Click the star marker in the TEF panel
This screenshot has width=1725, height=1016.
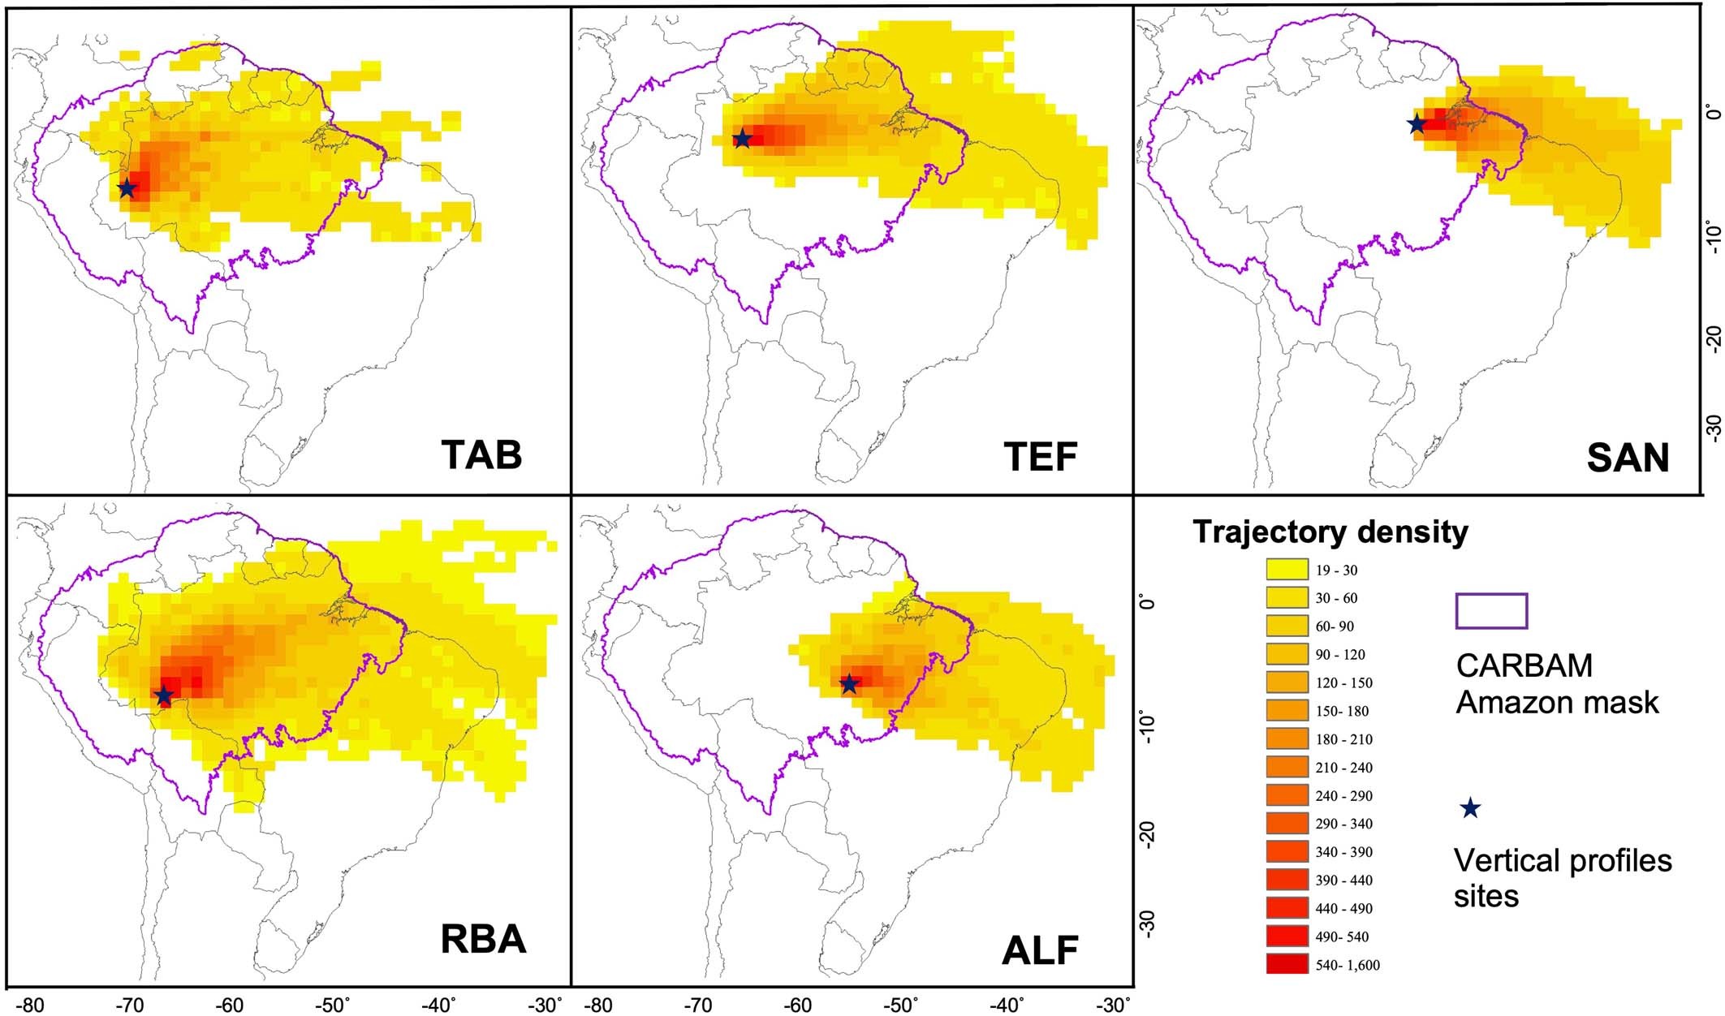pyautogui.click(x=742, y=139)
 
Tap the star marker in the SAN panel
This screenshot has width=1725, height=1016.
pyautogui.click(x=1417, y=124)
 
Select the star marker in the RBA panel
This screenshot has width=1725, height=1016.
pyautogui.click(x=164, y=695)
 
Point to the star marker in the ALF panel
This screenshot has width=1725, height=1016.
pyautogui.click(x=849, y=684)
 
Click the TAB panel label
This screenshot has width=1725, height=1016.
pyautogui.click(x=481, y=455)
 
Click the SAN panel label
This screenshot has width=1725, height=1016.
pyautogui.click(x=1628, y=458)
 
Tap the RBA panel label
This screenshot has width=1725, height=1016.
pyautogui.click(x=483, y=940)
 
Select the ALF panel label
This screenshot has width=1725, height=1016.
pyautogui.click(x=1040, y=950)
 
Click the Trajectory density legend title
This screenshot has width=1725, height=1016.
pyautogui.click(x=1330, y=532)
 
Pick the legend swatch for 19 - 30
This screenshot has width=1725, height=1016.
pyautogui.click(x=1287, y=570)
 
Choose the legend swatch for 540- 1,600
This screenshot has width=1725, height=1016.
pyautogui.click(x=1287, y=964)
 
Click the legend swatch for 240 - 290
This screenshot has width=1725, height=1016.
pyautogui.click(x=1287, y=795)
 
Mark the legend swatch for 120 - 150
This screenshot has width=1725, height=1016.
pyautogui.click(x=1287, y=682)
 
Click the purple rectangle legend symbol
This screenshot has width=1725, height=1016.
pyautogui.click(x=1492, y=611)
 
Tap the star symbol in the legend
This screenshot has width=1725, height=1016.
pyautogui.click(x=1470, y=808)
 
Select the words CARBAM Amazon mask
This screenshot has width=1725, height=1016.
pyautogui.click(x=1556, y=683)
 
